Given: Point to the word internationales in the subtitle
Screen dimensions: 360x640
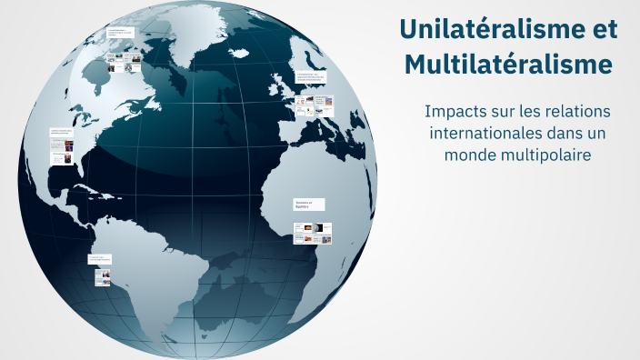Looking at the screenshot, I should click(477, 133).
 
